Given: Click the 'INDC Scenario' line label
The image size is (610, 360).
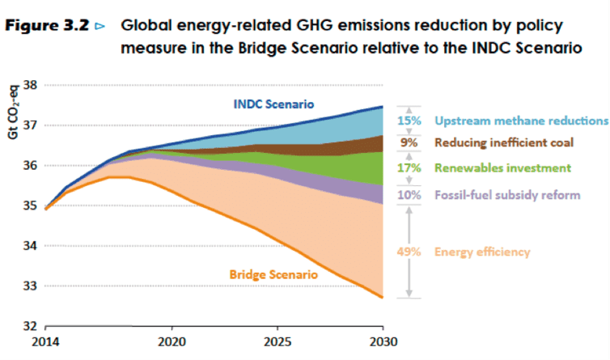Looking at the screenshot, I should [x=273, y=104].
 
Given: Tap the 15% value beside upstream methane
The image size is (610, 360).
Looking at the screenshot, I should [x=407, y=121].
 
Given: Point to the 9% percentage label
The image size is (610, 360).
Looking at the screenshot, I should [x=410, y=143].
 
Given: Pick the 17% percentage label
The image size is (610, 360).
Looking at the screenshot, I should [x=407, y=168].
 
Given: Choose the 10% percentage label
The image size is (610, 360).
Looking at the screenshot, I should [x=407, y=195].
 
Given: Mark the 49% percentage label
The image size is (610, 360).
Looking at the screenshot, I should [x=407, y=252].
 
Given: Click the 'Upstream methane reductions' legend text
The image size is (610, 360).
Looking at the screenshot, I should [x=520, y=121].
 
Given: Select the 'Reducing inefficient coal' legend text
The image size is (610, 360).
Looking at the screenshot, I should [x=504, y=143].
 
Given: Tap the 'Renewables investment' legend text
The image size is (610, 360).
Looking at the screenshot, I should [x=498, y=168].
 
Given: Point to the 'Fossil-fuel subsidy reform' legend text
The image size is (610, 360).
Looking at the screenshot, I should [x=507, y=195].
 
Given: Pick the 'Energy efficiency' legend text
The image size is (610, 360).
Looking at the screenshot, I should [x=483, y=252].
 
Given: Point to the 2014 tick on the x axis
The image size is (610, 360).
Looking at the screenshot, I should [x=46, y=341].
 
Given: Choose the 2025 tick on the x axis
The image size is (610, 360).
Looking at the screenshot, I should [x=277, y=341].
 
